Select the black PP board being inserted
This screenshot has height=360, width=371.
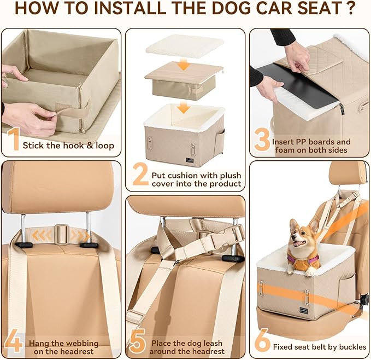point(297,85)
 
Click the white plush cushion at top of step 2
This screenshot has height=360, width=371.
point(184,45)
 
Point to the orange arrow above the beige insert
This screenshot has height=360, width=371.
point(185,65)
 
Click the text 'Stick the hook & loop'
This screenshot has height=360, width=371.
point(68,146)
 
